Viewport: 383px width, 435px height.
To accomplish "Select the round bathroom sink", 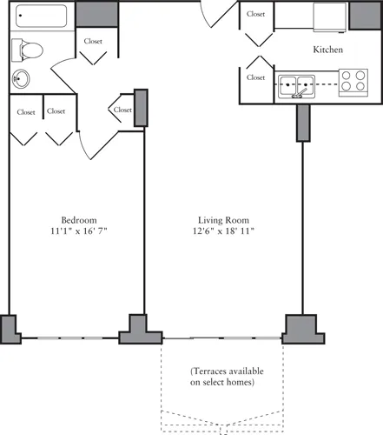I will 22,79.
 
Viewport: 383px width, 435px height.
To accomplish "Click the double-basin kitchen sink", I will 294,85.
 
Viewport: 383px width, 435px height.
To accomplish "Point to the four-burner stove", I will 352,81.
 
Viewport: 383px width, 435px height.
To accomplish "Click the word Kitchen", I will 328,50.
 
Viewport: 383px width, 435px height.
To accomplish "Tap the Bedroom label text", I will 78,218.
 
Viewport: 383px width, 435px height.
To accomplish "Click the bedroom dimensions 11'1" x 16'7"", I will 78,231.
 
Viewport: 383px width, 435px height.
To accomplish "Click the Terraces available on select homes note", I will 227,377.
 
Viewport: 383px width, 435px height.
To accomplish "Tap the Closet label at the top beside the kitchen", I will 256,15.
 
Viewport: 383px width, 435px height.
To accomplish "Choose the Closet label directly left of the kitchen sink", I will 256,77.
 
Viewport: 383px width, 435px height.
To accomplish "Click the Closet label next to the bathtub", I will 94,41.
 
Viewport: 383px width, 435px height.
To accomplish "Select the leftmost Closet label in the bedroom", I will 26,111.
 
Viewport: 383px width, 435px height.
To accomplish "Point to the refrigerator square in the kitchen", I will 330,16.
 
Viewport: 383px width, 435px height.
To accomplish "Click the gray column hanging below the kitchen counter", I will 303,122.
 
